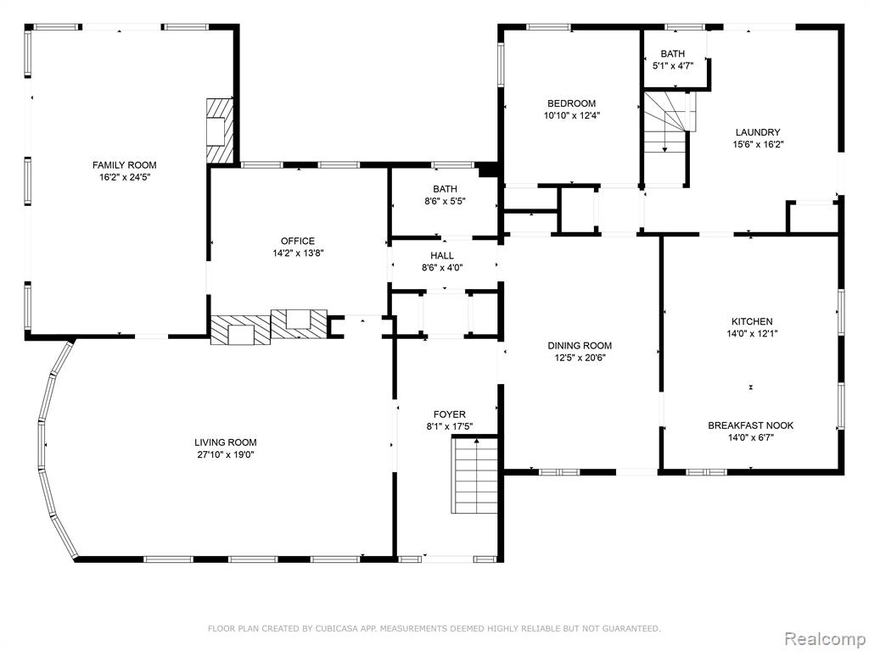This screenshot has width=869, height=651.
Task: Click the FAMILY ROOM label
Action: coord(124,165)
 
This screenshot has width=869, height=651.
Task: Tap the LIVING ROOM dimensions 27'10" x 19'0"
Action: coord(226,455)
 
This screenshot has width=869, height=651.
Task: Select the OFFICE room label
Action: coord(298,241)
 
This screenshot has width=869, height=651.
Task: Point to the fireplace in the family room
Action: coord(220,131)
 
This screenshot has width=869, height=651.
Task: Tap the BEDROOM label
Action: coord(571,103)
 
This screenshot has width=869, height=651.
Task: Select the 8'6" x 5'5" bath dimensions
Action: coord(445,202)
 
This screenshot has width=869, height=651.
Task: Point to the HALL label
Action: coord(442,256)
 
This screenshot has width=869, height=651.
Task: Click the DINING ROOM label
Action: coord(580,346)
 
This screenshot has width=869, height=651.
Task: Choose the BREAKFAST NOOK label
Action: coord(750,426)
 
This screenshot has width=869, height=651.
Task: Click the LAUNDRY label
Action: coord(758,132)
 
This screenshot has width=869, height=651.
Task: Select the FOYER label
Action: coord(450,415)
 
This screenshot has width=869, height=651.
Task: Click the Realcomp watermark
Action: coord(824,639)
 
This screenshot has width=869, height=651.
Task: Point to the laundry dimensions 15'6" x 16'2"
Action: coord(758,144)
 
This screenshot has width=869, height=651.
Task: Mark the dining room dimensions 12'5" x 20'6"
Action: coord(580,358)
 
